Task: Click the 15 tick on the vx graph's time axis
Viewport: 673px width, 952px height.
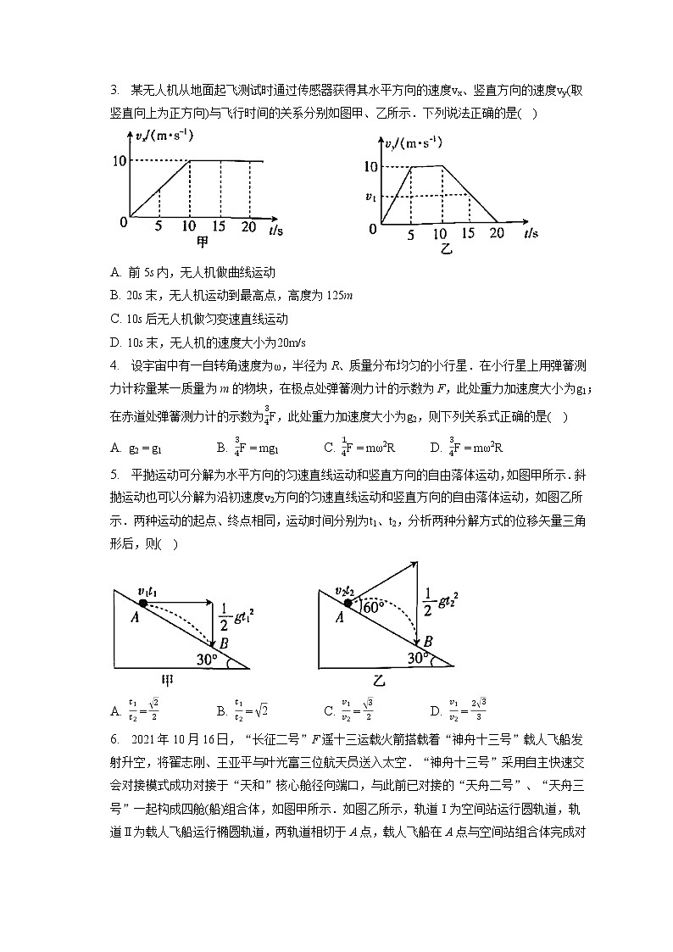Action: click(220, 226)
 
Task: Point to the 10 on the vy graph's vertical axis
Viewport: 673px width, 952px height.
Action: click(370, 166)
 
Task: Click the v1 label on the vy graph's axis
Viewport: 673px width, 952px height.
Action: click(370, 197)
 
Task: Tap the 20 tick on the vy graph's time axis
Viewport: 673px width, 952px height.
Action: click(498, 231)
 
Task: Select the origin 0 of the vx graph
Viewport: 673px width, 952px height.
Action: click(123, 222)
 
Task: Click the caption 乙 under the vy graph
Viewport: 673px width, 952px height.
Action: click(447, 250)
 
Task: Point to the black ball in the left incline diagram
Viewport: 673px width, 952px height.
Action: click(143, 603)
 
